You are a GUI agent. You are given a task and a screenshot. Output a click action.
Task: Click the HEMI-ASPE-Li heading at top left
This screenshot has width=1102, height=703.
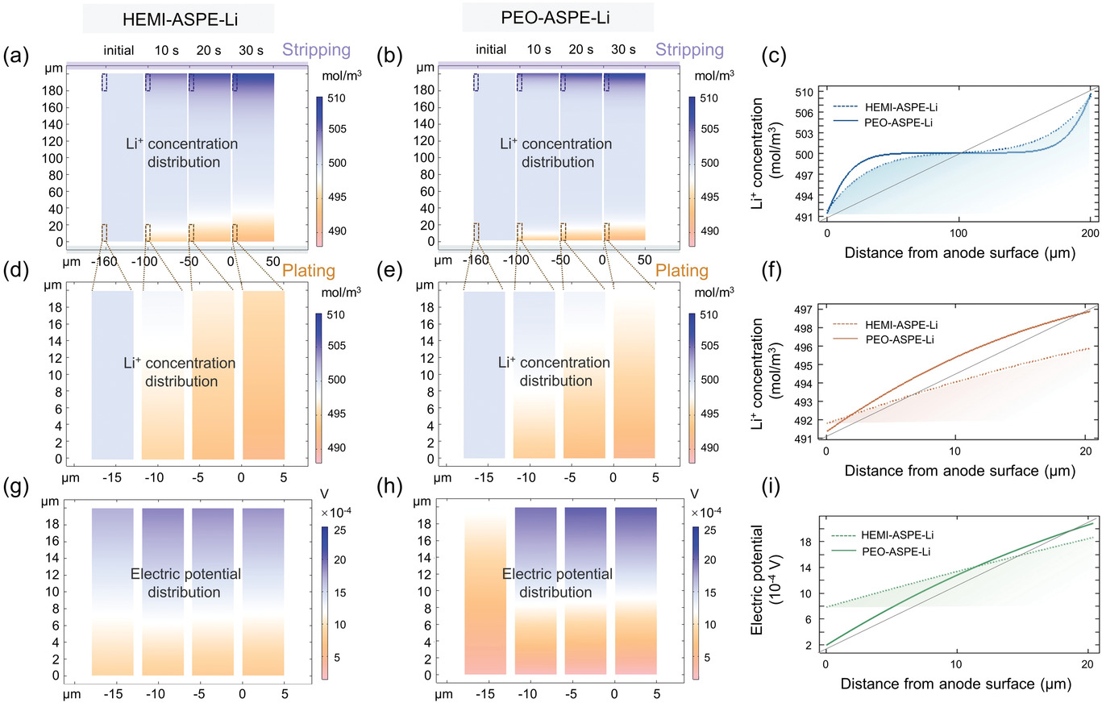click(178, 18)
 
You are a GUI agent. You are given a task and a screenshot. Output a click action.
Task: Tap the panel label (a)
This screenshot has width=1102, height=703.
click(18, 56)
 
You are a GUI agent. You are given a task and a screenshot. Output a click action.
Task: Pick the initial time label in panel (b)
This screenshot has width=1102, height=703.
click(491, 50)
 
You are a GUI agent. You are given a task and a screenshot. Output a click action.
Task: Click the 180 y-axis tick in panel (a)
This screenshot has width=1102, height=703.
click(53, 90)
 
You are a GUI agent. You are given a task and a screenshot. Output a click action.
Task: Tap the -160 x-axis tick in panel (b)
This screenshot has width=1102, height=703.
click(481, 261)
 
